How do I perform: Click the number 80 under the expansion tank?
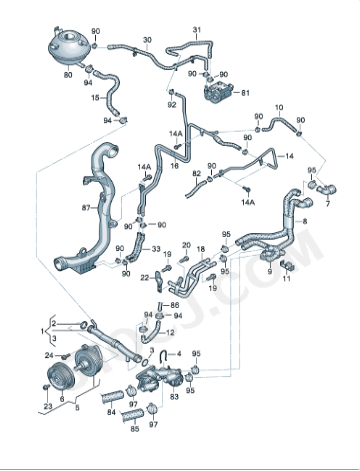tap(68, 74)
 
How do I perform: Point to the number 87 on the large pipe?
tap(86, 208)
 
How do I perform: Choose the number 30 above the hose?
tap(147, 41)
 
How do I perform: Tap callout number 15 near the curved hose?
tap(96, 98)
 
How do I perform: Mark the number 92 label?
tap(171, 104)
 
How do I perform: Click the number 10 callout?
tap(278, 106)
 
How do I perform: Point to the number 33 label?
tap(155, 249)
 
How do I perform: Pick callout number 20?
tap(185, 244)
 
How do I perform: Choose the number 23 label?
tap(46, 407)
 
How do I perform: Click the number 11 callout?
tap(286, 279)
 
